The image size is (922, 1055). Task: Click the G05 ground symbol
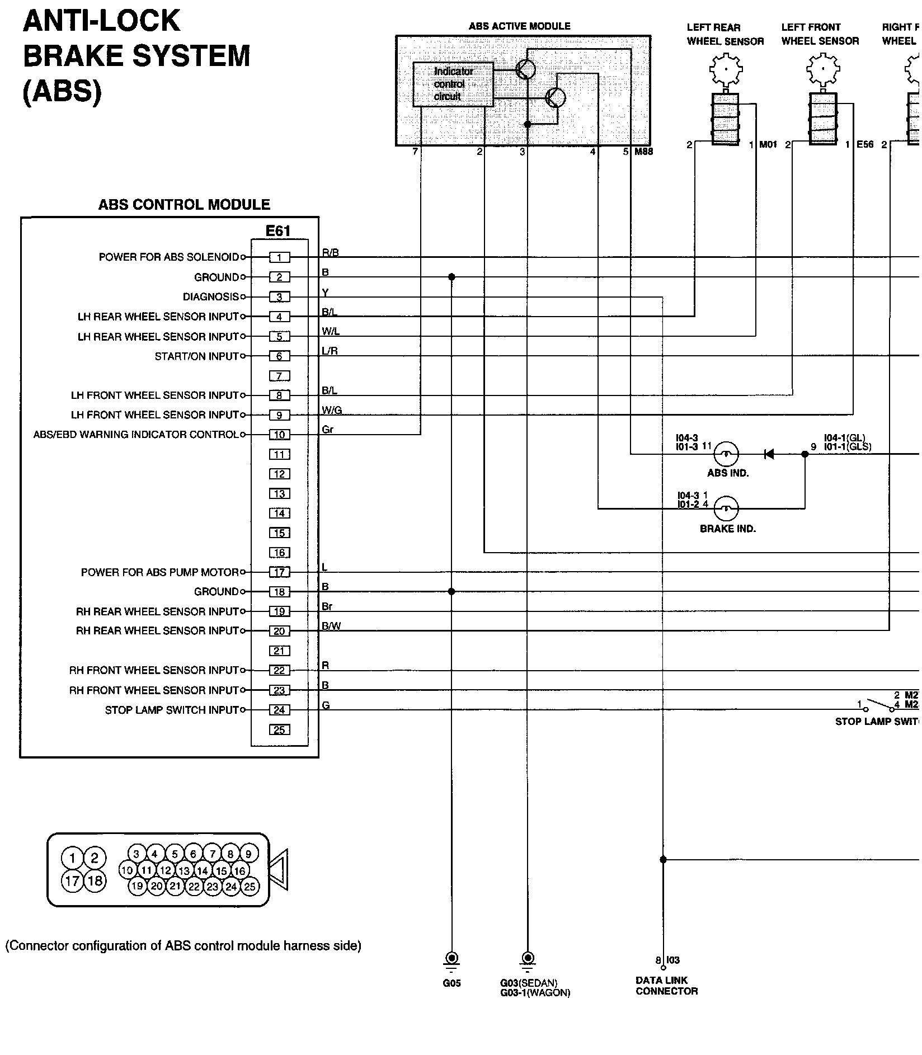click(x=451, y=959)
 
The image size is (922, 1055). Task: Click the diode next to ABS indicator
click(x=769, y=454)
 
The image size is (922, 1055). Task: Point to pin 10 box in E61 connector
click(x=279, y=435)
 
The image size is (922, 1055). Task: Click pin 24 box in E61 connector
click(x=279, y=710)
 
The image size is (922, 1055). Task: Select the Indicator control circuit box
click(x=453, y=84)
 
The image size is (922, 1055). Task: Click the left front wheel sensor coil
click(x=822, y=119)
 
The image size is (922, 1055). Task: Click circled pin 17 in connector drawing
click(x=72, y=882)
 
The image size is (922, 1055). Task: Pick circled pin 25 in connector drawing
click(x=250, y=886)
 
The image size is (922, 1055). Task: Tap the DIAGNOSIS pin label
click(x=211, y=297)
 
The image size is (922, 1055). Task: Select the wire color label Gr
click(x=328, y=430)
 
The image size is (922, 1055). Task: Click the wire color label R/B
click(x=330, y=253)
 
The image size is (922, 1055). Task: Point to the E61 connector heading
click(x=278, y=231)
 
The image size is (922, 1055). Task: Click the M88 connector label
click(x=643, y=152)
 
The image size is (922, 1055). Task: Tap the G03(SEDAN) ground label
click(x=529, y=983)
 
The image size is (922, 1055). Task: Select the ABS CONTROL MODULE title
click(x=184, y=205)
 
